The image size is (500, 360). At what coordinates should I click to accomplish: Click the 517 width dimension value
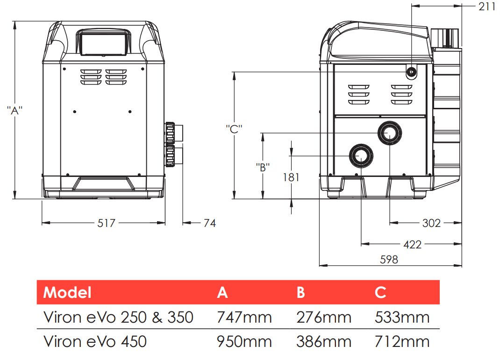[x=106, y=223]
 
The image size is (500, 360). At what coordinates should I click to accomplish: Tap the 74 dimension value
[x=210, y=223]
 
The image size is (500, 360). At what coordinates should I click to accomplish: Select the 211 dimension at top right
[x=486, y=6]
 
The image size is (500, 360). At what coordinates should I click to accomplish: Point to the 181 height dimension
[x=291, y=177]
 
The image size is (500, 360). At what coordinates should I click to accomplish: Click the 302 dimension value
[x=431, y=223]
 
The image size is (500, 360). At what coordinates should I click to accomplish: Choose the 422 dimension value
[x=412, y=244]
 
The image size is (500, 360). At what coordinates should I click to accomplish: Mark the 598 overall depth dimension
[x=389, y=260]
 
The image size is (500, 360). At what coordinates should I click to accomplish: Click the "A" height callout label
[x=15, y=111]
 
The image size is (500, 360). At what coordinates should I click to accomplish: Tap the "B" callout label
[x=263, y=167]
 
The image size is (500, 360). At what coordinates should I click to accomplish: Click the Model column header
[x=67, y=293]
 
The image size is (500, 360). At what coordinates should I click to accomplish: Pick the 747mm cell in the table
[x=244, y=318]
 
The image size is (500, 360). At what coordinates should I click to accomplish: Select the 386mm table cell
[x=323, y=341]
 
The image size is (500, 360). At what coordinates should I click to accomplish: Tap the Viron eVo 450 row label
[x=95, y=341]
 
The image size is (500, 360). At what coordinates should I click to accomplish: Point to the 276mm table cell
[x=323, y=318]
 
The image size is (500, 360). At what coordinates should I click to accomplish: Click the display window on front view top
[x=104, y=41]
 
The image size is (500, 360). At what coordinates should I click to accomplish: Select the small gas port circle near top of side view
[x=411, y=72]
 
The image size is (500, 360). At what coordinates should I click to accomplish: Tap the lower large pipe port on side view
[x=361, y=155]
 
